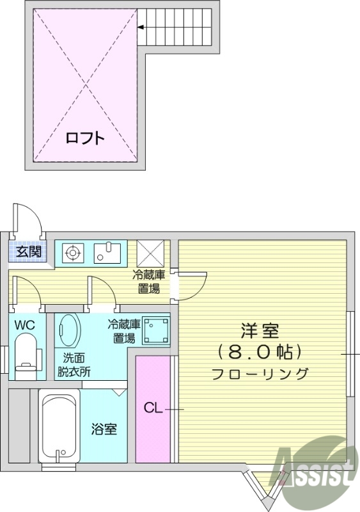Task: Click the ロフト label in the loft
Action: coord(85,138)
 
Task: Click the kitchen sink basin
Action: coord(107,252)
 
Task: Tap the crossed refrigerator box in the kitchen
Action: coord(150,253)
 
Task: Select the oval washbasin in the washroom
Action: coord(69,330)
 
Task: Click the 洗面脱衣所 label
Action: coord(74,365)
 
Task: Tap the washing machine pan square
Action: coord(156,331)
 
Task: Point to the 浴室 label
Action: coord(104,429)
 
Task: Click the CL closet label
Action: coord(153,408)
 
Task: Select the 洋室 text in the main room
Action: coord(260,331)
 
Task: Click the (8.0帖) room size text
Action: coord(260,351)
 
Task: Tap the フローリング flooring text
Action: coord(260,374)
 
